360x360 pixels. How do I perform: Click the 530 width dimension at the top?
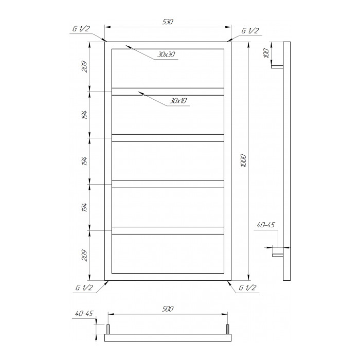(168, 22)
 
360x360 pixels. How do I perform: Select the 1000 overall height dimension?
(244, 160)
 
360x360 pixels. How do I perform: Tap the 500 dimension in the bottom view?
(168, 309)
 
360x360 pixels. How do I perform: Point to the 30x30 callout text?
(166, 55)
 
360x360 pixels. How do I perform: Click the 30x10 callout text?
(178, 101)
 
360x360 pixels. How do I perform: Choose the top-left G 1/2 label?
(81, 29)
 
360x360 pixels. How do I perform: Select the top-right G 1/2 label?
(250, 31)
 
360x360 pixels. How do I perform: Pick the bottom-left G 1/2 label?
(84, 287)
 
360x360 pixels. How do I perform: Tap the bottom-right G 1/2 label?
(247, 287)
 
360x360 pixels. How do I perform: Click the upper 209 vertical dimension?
(85, 66)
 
